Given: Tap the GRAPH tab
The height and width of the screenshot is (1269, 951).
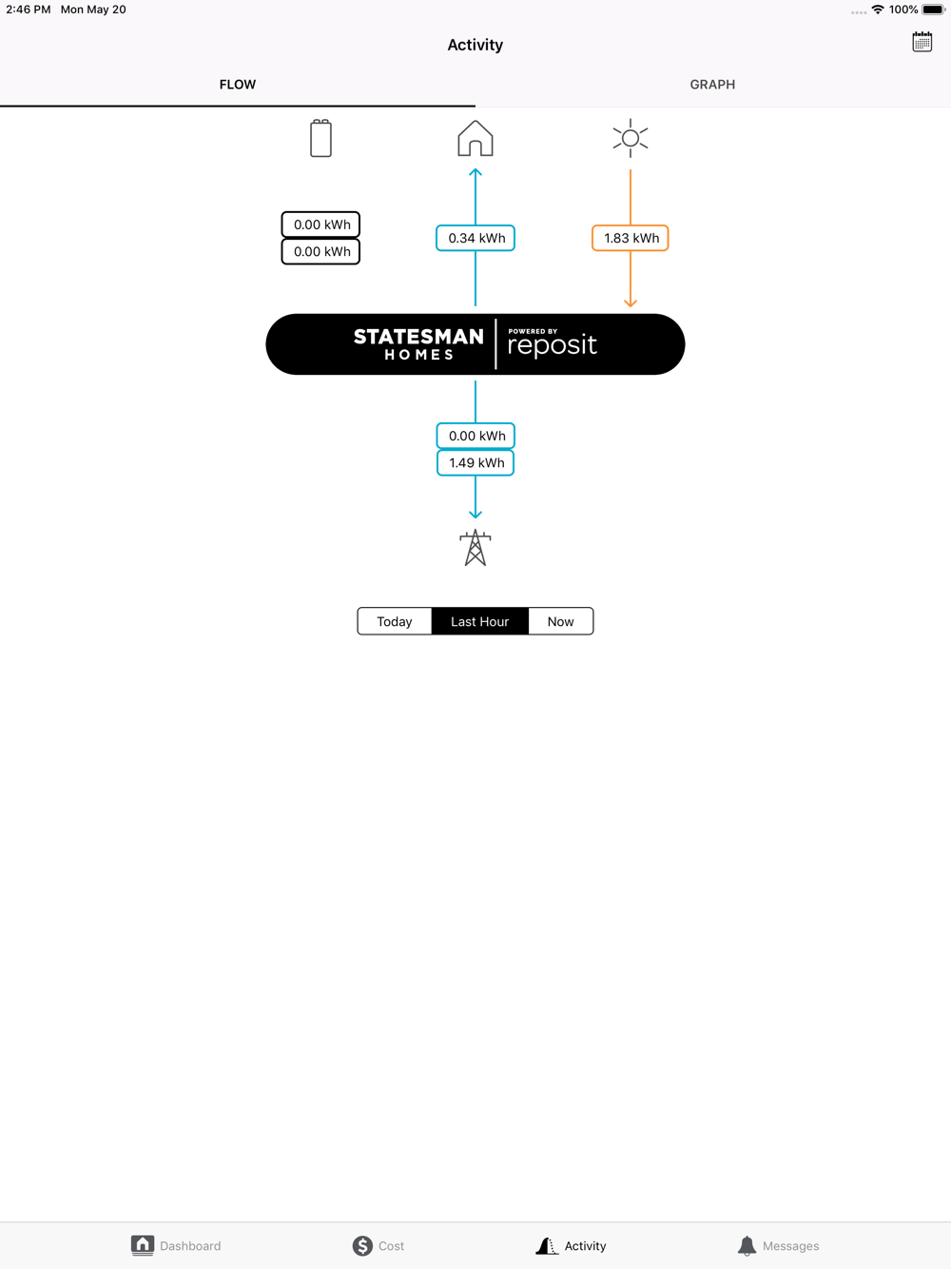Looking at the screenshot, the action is [712, 85].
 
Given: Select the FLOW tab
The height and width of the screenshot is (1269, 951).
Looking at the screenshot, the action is [238, 85].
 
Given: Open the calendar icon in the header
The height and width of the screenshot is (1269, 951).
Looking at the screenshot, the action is [922, 42].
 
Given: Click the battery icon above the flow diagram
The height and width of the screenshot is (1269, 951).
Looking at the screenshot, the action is [320, 138].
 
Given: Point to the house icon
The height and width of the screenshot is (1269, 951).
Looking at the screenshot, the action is [475, 138].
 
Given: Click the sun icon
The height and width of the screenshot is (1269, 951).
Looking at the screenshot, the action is [631, 138].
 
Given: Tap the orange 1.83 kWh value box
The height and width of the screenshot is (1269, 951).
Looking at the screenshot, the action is [631, 238].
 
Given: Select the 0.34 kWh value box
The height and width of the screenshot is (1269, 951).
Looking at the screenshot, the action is [475, 238].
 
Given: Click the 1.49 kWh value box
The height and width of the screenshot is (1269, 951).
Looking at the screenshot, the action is [475, 463].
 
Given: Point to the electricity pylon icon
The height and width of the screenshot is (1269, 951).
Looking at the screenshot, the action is [475, 548].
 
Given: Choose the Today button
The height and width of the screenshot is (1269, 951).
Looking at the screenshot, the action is [395, 621].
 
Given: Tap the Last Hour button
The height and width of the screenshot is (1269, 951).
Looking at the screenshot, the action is [479, 621].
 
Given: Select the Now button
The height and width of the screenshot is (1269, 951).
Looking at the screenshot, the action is [560, 621].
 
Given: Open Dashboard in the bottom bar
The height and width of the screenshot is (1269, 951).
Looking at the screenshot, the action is [176, 1245].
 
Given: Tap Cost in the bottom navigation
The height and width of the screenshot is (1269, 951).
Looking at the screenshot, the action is [378, 1245].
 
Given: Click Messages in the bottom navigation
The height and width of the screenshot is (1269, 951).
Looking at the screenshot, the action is [778, 1245].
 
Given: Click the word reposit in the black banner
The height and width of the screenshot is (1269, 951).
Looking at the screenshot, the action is [552, 345].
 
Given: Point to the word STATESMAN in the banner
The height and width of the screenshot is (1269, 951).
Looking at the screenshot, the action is [418, 337].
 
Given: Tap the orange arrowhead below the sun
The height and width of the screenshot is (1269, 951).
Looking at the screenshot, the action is [631, 303].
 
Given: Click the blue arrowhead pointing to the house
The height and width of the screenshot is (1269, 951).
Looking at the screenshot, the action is [475, 172].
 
